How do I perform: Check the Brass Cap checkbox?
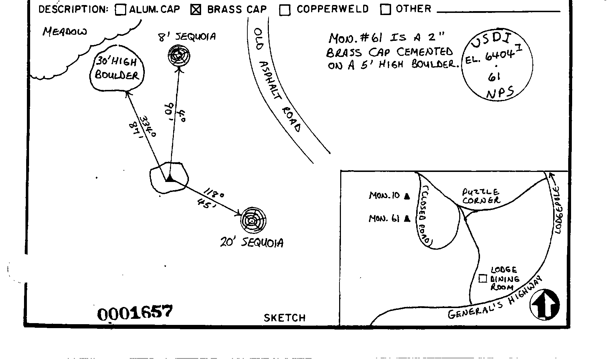[196, 10]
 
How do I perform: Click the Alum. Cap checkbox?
[121, 10]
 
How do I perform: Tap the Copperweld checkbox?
[285, 10]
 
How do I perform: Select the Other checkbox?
[385, 9]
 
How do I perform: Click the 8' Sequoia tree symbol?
[179, 56]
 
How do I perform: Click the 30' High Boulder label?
[117, 69]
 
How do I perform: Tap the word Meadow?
[65, 32]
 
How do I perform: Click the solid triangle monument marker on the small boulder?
[169, 178]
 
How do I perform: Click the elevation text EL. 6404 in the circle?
[490, 57]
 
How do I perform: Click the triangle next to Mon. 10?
[407, 196]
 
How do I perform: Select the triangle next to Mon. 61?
[407, 219]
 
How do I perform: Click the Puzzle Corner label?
[481, 196]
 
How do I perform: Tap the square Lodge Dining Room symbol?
[483, 278]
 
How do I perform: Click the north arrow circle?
[545, 304]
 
